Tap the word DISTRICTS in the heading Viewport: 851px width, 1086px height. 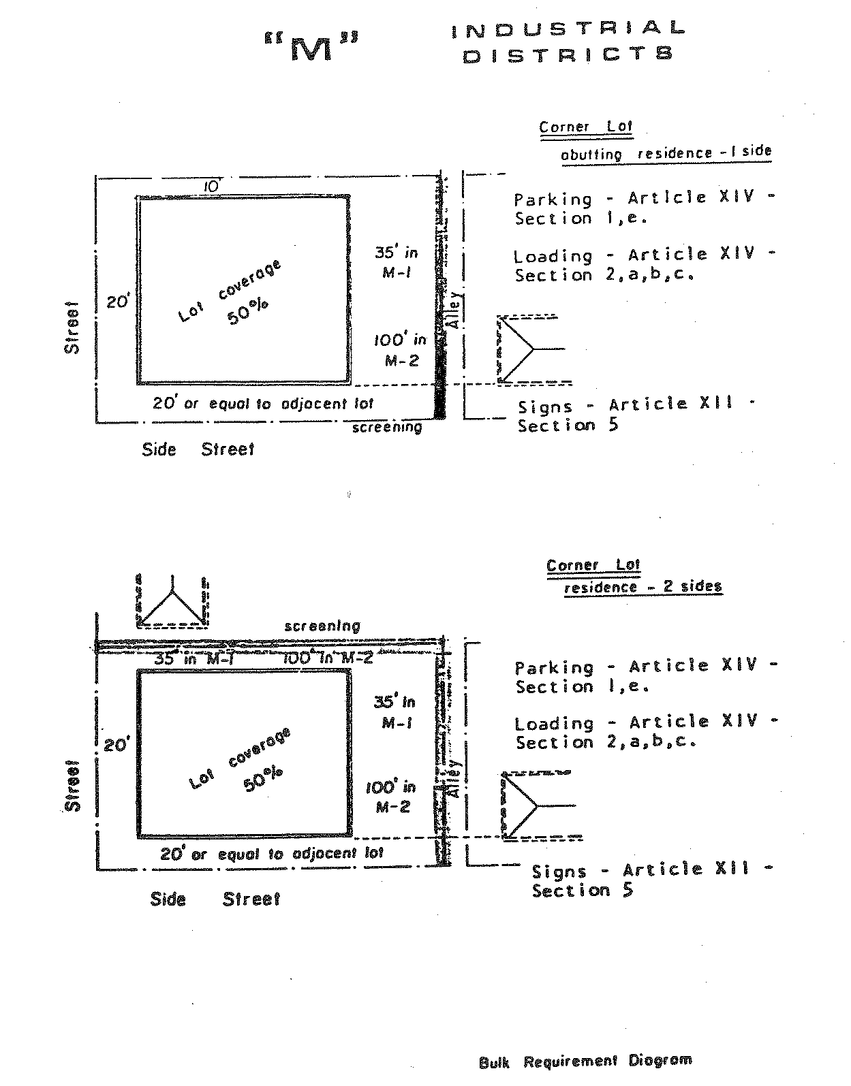coord(567,54)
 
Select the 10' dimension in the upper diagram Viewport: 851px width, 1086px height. coord(213,186)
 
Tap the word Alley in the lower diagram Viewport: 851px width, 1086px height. coord(452,778)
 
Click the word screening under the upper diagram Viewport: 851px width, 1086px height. coord(387,428)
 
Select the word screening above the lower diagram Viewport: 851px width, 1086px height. coord(322,626)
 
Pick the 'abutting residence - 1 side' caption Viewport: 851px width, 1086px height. coord(666,153)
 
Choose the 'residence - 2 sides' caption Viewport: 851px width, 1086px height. coord(643,587)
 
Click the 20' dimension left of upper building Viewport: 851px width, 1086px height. coord(117,302)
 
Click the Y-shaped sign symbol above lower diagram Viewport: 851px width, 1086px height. coord(173,601)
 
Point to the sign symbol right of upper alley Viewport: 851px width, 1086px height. coord(529,349)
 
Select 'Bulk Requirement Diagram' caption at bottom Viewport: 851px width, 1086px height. coord(585,1061)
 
